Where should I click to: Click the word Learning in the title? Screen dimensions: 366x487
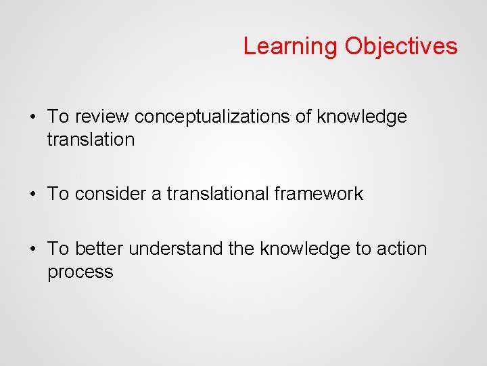290,47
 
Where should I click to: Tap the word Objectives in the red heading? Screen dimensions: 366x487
400,47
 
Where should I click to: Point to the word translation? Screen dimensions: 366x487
91,140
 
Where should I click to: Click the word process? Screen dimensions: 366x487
80,272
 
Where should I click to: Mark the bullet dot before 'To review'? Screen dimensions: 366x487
32,117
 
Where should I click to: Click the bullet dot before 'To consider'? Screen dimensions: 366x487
32,194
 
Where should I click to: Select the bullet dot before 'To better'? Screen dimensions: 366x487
32,249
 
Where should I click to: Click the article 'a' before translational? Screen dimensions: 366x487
156,195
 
